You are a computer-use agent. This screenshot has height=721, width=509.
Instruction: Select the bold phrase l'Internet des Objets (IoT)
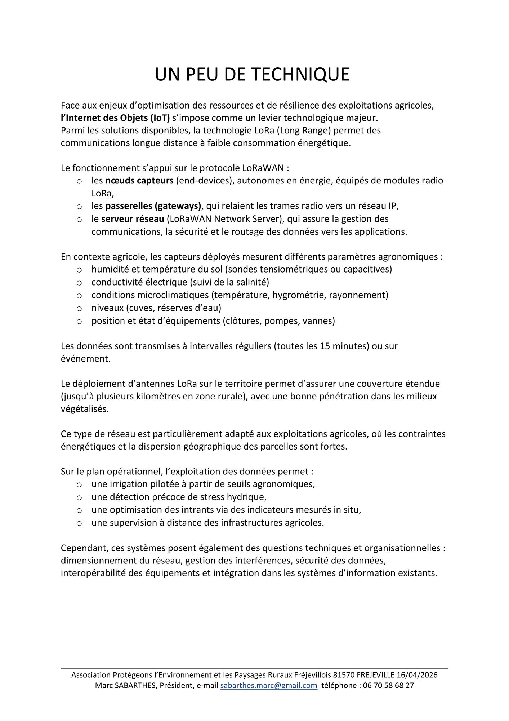coord(115,118)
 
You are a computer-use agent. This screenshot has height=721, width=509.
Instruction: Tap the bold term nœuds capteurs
coord(139,180)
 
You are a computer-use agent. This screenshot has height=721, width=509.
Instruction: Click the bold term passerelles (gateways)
coord(153,206)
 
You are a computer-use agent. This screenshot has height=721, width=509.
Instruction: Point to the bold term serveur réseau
coord(133,219)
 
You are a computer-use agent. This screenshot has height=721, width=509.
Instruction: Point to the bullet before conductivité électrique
coord(79,283)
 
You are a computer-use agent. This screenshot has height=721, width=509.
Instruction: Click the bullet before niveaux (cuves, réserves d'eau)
coord(79,308)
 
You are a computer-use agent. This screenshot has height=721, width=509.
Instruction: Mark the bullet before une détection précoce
coord(79,497)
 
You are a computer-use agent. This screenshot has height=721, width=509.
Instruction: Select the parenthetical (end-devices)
coord(204,180)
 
